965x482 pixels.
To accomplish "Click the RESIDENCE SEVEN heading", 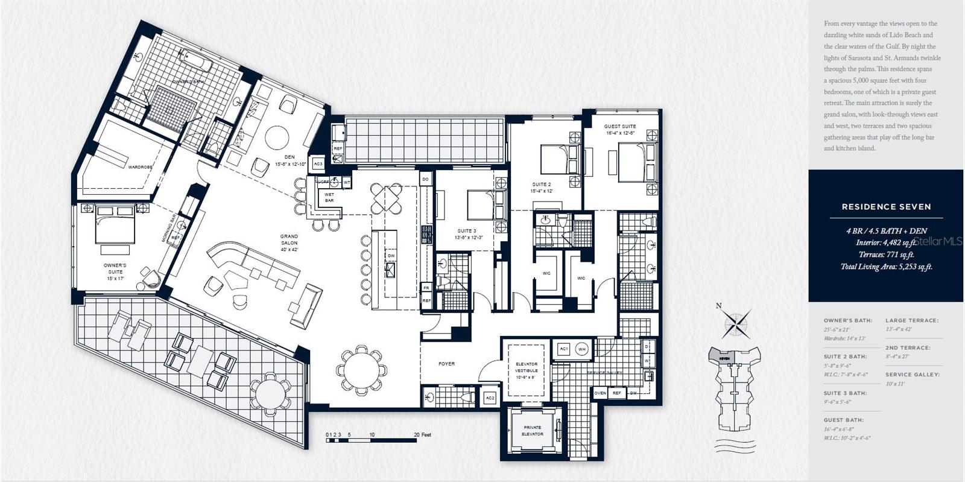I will point(886,206).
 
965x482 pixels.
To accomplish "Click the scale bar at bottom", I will point(371,440).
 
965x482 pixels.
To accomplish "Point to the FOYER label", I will point(446,364).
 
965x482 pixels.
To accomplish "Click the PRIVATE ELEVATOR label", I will point(532,431).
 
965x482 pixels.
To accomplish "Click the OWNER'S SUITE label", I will point(115,268).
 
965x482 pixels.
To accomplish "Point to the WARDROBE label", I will point(140,166).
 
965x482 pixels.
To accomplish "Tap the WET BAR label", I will point(329,197).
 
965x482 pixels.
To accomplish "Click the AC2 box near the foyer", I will point(490,398).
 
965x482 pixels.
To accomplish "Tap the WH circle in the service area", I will point(581,349).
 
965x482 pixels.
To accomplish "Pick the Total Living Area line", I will point(886,266).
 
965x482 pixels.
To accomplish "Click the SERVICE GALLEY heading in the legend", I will point(912,375).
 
